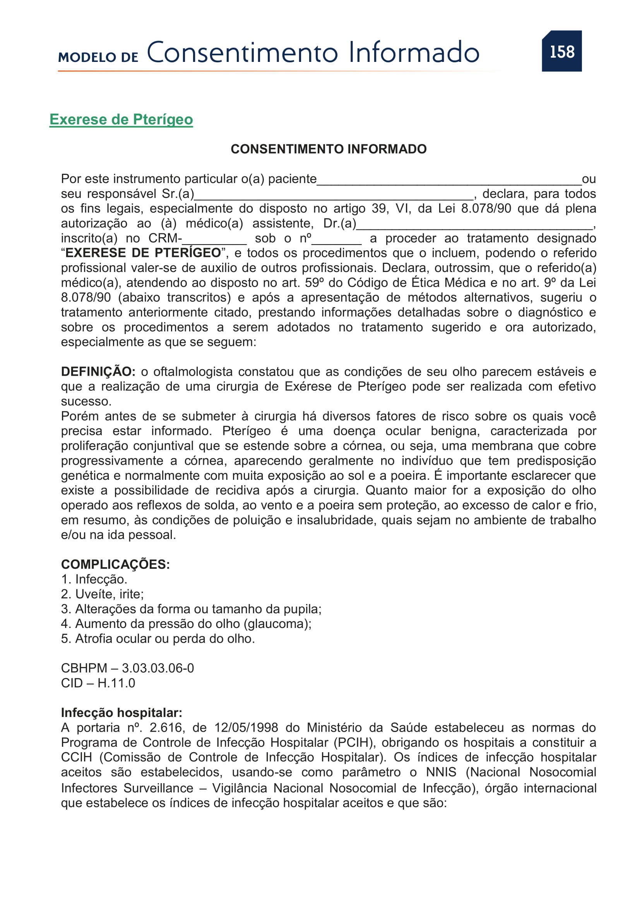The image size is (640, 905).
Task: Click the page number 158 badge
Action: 561,51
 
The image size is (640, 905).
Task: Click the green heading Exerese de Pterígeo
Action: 121,120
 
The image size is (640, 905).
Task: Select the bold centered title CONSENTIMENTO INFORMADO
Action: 328,149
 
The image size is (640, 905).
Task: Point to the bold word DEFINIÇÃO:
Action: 98,372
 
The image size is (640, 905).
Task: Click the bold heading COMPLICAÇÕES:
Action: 115,565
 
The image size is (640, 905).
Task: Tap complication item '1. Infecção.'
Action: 94,580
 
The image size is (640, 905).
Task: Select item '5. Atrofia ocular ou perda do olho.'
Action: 158,638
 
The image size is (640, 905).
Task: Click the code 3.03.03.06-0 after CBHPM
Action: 157,668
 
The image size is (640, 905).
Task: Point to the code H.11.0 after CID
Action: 116,683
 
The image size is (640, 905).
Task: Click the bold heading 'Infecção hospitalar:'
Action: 121,713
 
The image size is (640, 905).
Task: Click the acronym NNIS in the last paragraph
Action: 441,772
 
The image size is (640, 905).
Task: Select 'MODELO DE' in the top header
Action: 98,58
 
